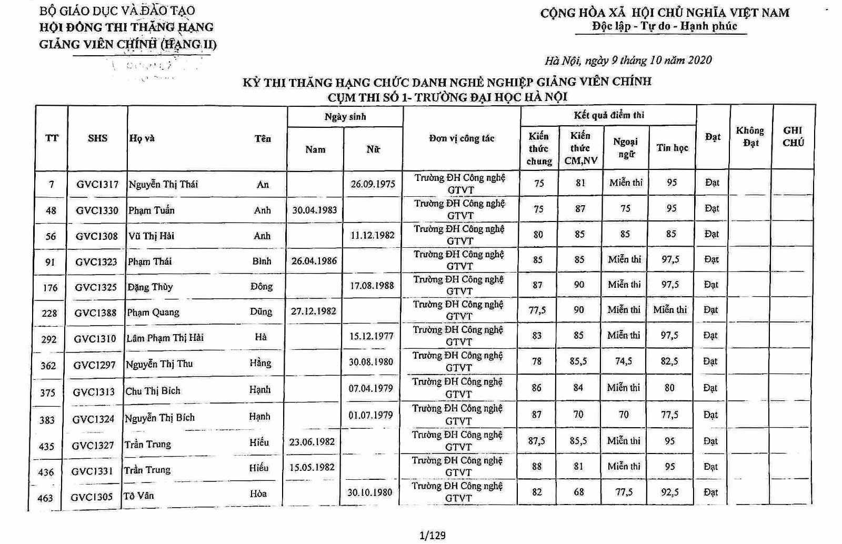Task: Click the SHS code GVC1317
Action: pos(97,184)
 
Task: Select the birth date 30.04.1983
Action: pos(315,209)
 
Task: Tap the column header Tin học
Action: pos(672,148)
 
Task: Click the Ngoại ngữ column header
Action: pos(626,147)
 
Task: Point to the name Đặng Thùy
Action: pos(150,287)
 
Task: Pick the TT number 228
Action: pos(49,313)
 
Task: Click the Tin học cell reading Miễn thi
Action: pos(670,310)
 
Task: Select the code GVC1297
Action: pos(94,365)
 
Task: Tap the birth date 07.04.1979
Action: pos(370,388)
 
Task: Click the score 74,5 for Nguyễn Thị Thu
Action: pos(624,361)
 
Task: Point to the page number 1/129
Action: pos(433,536)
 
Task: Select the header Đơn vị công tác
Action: pos(462,138)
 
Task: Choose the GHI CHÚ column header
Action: pos(793,136)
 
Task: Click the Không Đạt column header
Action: pos(750,136)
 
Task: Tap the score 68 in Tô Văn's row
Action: pos(579,492)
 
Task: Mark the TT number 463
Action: pos(45,497)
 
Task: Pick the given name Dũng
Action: pos(261,311)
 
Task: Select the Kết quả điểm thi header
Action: pos(608,115)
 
